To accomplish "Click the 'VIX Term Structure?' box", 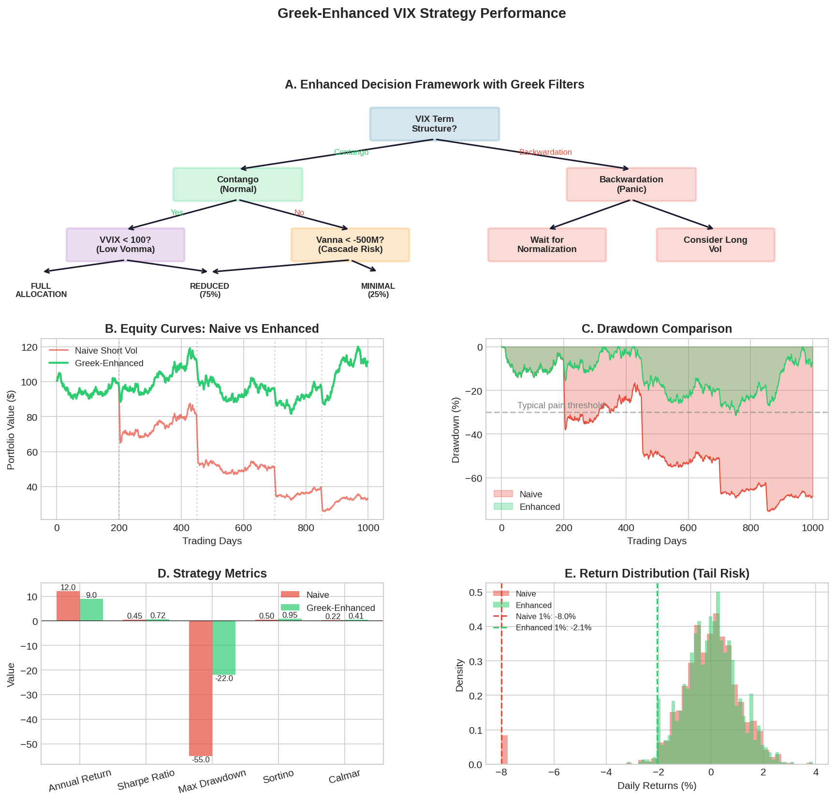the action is click(434, 124).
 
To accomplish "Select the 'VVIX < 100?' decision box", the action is click(125, 245).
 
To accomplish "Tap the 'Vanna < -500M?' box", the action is click(350, 245).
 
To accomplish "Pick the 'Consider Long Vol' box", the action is click(715, 245).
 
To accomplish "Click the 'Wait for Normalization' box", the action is click(547, 245).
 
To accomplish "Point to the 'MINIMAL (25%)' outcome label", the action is click(378, 290).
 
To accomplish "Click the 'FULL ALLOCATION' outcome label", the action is click(41, 290).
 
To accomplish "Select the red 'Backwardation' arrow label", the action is click(545, 152).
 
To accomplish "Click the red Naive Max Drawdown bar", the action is click(201, 688).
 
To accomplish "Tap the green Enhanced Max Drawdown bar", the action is click(224, 648).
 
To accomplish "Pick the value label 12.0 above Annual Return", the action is click(68, 588).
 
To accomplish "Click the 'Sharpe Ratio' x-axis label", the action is click(146, 780).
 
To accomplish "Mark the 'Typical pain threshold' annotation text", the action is click(561, 405).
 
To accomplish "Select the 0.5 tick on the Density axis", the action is click(476, 593).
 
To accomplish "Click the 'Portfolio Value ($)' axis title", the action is click(11, 429).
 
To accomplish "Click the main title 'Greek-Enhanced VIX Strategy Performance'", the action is click(422, 13).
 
